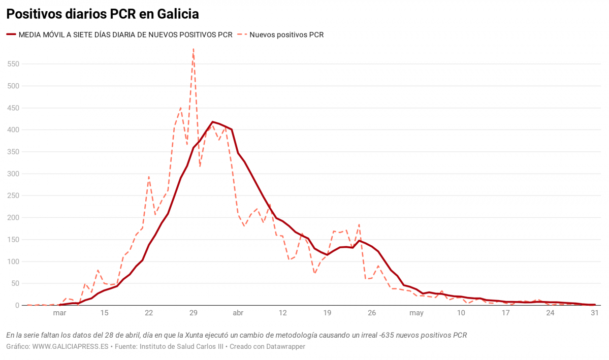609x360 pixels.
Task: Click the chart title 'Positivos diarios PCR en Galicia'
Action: tap(102, 14)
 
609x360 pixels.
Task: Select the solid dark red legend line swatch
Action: tap(11, 35)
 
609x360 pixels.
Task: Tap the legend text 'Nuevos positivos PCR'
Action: tap(286, 35)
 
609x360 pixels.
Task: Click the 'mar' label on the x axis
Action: tap(59, 313)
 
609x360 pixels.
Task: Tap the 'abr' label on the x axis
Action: tap(238, 313)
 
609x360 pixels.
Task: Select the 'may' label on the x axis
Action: tap(416, 313)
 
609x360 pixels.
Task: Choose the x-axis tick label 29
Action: tap(193, 313)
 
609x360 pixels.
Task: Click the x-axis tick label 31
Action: tap(595, 313)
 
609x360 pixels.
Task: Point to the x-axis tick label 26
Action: tap(372, 313)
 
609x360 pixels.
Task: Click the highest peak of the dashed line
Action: tap(194, 49)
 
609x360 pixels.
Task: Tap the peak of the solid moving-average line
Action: tap(212, 122)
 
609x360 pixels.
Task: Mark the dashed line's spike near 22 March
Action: tap(149, 177)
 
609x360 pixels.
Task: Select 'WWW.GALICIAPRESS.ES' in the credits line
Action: tap(71, 346)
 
